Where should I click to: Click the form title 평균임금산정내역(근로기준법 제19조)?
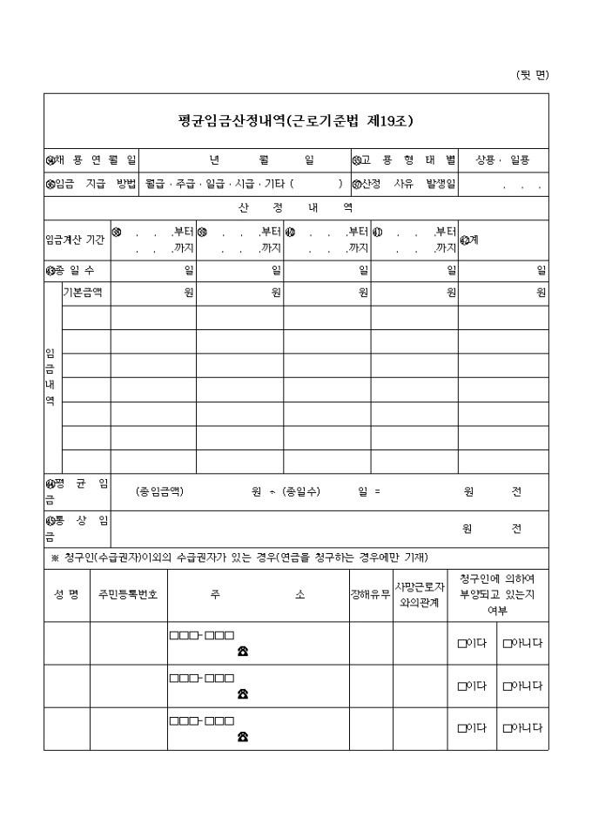[x=296, y=121]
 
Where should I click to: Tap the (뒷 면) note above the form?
[x=533, y=74]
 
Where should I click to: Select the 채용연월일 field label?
[x=91, y=160]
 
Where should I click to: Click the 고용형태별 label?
[x=405, y=160]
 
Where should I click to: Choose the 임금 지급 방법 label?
[x=91, y=184]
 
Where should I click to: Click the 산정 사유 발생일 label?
[x=405, y=184]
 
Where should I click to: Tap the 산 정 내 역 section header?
[x=296, y=207]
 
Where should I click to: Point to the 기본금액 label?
[x=83, y=293]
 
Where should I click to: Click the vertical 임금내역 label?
[x=50, y=377]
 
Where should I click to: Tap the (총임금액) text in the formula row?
[x=160, y=491]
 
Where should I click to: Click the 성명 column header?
[x=66, y=595]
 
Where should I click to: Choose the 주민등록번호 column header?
[x=128, y=595]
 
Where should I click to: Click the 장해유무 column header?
[x=370, y=595]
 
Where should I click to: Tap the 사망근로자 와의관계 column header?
[x=420, y=594]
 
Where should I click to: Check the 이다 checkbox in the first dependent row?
[x=462, y=644]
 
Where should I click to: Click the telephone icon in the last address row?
[x=242, y=737]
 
